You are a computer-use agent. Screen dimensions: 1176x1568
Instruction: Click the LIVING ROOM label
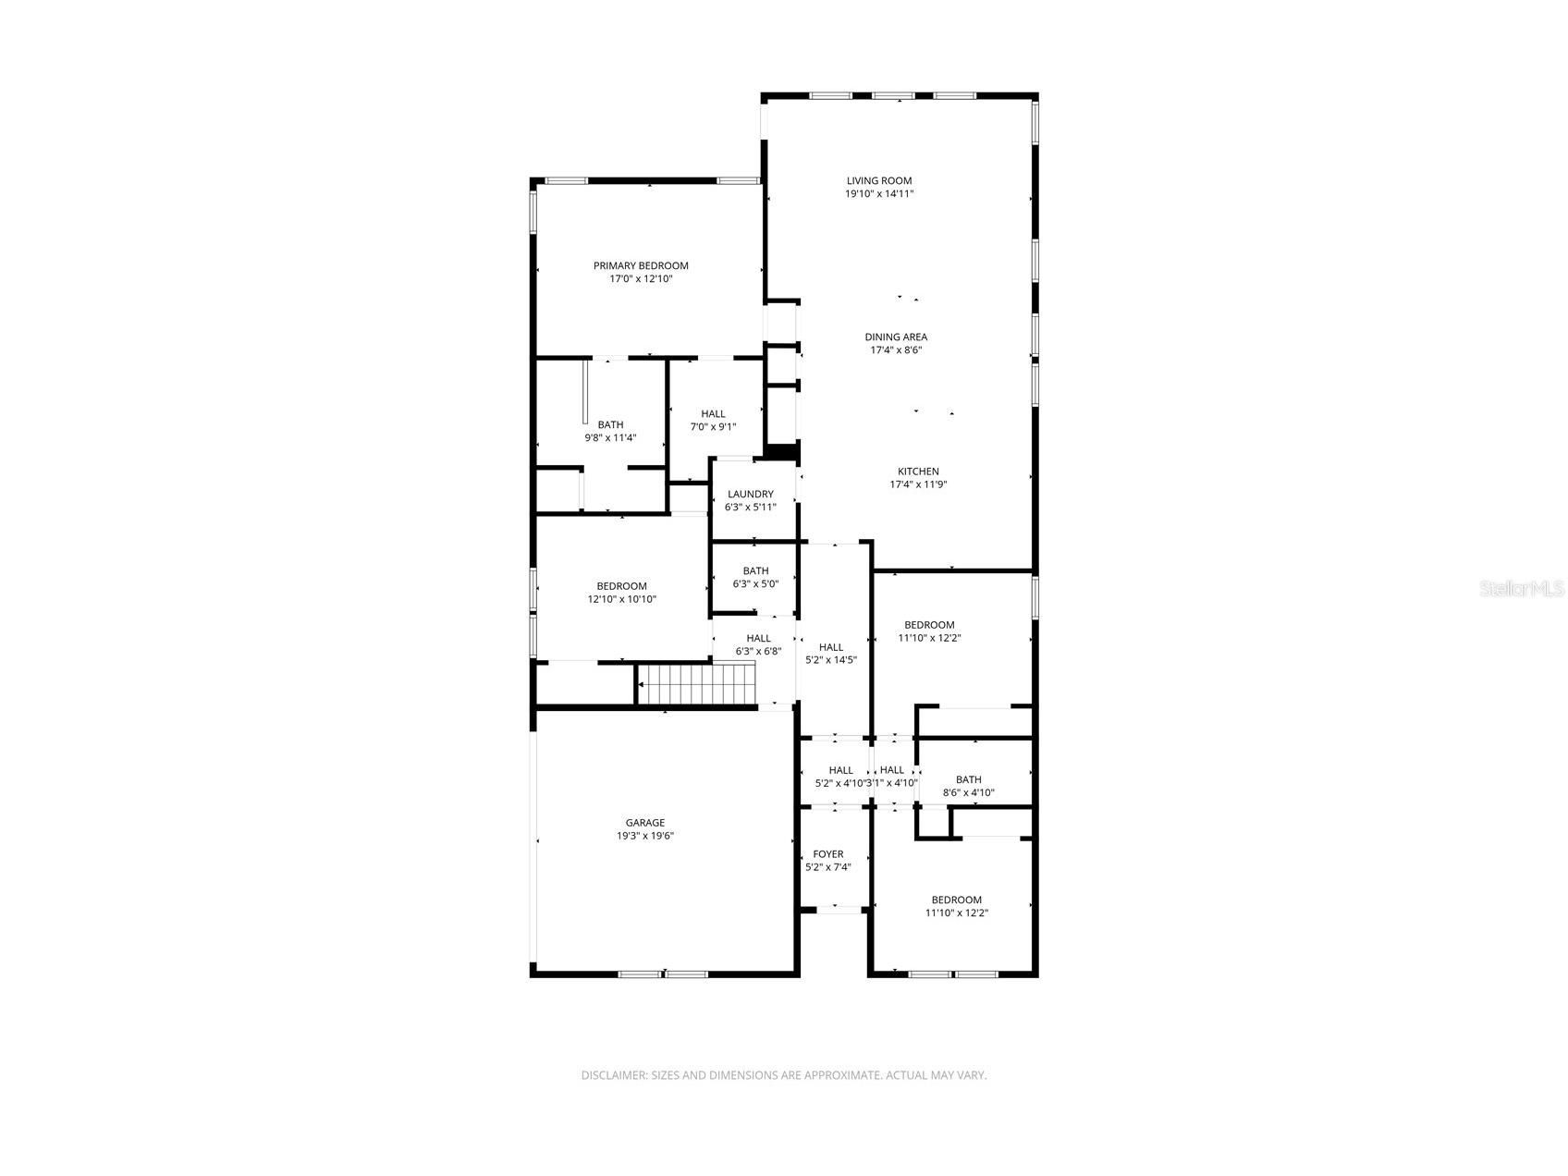point(878,181)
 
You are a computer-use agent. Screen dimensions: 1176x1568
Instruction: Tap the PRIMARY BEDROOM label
point(641,266)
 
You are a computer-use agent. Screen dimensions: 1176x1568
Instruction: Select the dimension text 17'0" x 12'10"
point(641,278)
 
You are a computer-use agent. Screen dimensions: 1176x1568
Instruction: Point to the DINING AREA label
point(896,337)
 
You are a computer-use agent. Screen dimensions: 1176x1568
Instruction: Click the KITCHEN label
point(918,472)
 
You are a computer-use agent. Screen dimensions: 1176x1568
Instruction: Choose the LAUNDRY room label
point(750,495)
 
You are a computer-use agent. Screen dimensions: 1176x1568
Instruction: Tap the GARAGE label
point(644,823)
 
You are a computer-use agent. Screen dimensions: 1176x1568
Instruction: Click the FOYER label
point(827,854)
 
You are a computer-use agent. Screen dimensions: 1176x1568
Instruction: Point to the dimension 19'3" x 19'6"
point(644,836)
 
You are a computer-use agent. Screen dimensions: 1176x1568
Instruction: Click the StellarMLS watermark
point(1521,588)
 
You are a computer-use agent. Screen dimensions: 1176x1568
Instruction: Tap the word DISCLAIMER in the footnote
point(614,1075)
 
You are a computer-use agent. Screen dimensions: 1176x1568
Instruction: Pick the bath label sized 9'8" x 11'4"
point(610,425)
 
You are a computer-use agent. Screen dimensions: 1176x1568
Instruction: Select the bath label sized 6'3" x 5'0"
point(755,571)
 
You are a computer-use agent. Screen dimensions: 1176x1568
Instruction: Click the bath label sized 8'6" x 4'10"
point(968,779)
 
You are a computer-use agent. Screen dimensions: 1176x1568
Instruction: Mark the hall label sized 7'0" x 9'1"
point(713,414)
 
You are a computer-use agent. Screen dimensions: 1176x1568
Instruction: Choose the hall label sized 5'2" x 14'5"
point(830,647)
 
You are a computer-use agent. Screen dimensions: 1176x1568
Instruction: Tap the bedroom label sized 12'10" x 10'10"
point(621,586)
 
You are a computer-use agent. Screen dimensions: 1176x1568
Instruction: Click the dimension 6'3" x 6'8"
point(758,651)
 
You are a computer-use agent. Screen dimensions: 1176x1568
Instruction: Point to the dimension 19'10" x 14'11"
point(878,194)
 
